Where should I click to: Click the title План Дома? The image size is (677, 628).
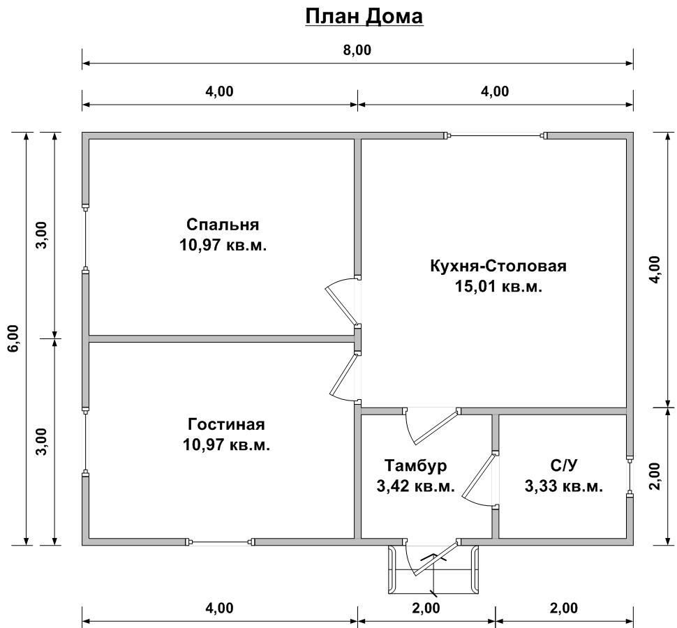click(364, 17)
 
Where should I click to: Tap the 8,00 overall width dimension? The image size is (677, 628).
click(357, 50)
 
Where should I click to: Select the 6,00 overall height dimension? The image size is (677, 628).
click(13, 338)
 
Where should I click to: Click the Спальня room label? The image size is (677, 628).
click(223, 225)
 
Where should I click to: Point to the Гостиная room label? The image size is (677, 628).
click(226, 424)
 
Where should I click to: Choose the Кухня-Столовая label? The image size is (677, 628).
click(498, 265)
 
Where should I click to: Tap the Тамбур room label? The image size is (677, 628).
click(416, 465)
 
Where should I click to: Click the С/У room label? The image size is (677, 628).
click(564, 465)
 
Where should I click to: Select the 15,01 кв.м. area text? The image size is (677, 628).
click(498, 286)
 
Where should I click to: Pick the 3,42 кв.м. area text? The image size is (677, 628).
click(416, 486)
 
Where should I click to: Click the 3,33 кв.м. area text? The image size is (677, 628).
click(564, 486)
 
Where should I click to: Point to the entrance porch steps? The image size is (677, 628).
click(433, 569)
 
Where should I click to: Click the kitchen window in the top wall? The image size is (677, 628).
click(496, 135)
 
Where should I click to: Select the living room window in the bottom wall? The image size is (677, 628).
click(220, 541)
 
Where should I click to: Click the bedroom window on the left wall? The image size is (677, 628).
click(85, 238)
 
